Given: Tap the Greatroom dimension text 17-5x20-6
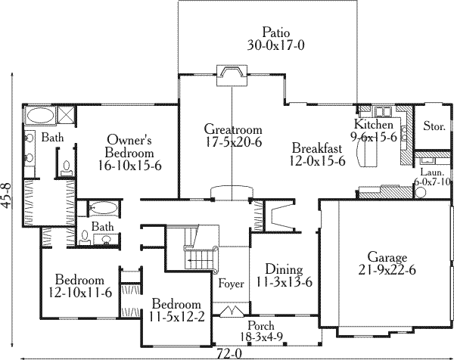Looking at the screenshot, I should tap(233, 141).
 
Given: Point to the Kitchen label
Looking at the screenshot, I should tap(374, 124).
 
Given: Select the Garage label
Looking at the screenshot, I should tap(387, 256).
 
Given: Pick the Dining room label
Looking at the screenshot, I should tap(284, 269).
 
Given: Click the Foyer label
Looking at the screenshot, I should tap(231, 284).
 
